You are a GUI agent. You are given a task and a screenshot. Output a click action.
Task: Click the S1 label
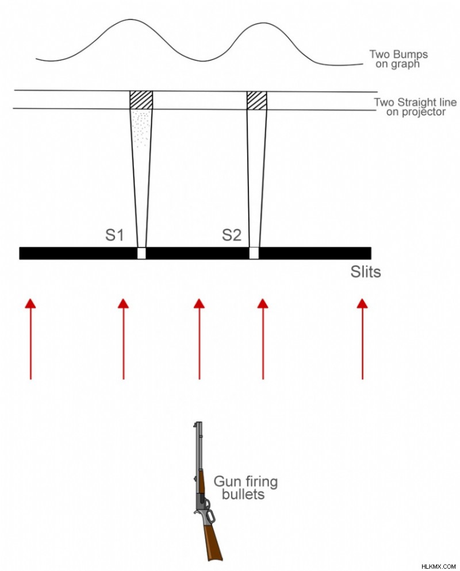point(114,236)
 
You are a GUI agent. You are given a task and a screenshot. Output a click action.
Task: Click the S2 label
point(232,236)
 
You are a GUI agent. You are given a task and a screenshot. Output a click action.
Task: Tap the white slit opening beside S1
point(141,253)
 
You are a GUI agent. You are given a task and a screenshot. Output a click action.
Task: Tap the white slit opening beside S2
point(254,253)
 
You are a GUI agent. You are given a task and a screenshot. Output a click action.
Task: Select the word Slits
point(366,272)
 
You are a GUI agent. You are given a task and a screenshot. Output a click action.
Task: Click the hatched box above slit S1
point(141,100)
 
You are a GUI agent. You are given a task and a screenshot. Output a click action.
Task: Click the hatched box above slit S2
point(256,101)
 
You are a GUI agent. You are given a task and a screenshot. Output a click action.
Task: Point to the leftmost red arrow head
point(30,303)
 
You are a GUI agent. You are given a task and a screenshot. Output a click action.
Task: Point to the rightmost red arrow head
point(362,303)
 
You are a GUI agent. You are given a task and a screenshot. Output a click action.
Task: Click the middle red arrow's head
point(199,303)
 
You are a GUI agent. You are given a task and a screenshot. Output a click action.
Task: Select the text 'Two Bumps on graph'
point(398,59)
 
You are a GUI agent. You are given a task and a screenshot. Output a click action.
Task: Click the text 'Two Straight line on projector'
point(416,107)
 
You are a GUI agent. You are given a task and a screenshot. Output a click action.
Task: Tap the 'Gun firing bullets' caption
point(246,487)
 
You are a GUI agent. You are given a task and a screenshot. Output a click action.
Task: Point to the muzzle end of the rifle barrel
point(198,423)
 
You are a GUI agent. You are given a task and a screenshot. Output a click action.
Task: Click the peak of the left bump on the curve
point(124,20)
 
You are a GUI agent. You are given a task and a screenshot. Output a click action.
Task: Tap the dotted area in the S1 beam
point(141,129)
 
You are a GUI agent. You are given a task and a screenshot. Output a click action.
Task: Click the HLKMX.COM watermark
point(439,566)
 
